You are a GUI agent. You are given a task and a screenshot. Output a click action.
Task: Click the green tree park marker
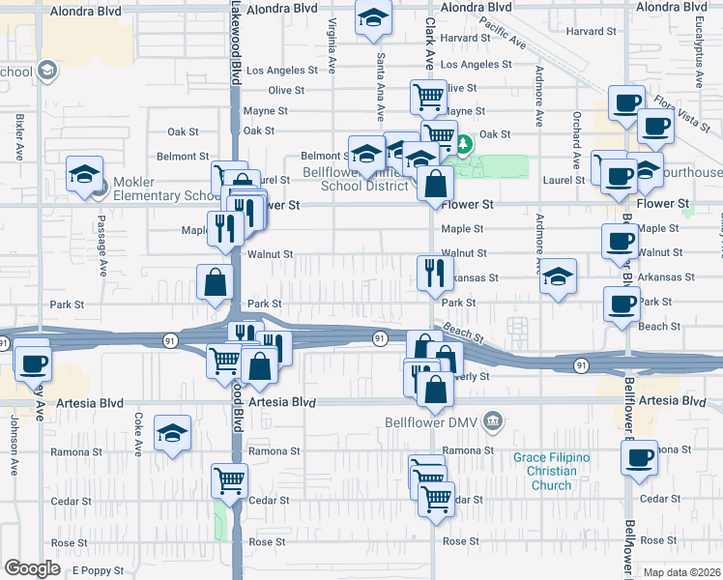point(465,145)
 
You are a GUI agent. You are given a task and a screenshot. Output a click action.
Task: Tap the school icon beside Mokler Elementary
point(85,174)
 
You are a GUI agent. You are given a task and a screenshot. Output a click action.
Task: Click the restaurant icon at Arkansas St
point(435,273)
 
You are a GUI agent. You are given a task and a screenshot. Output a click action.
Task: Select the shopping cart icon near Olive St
point(428,97)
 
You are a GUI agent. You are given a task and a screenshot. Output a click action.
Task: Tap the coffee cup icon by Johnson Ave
point(33,363)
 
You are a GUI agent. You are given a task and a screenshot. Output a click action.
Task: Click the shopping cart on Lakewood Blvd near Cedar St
point(229,479)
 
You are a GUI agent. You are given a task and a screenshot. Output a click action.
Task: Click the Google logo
point(31,568)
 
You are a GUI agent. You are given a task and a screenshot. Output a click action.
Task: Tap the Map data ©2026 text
point(681,572)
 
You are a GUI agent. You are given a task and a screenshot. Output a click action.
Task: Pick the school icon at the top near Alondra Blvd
point(372,18)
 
